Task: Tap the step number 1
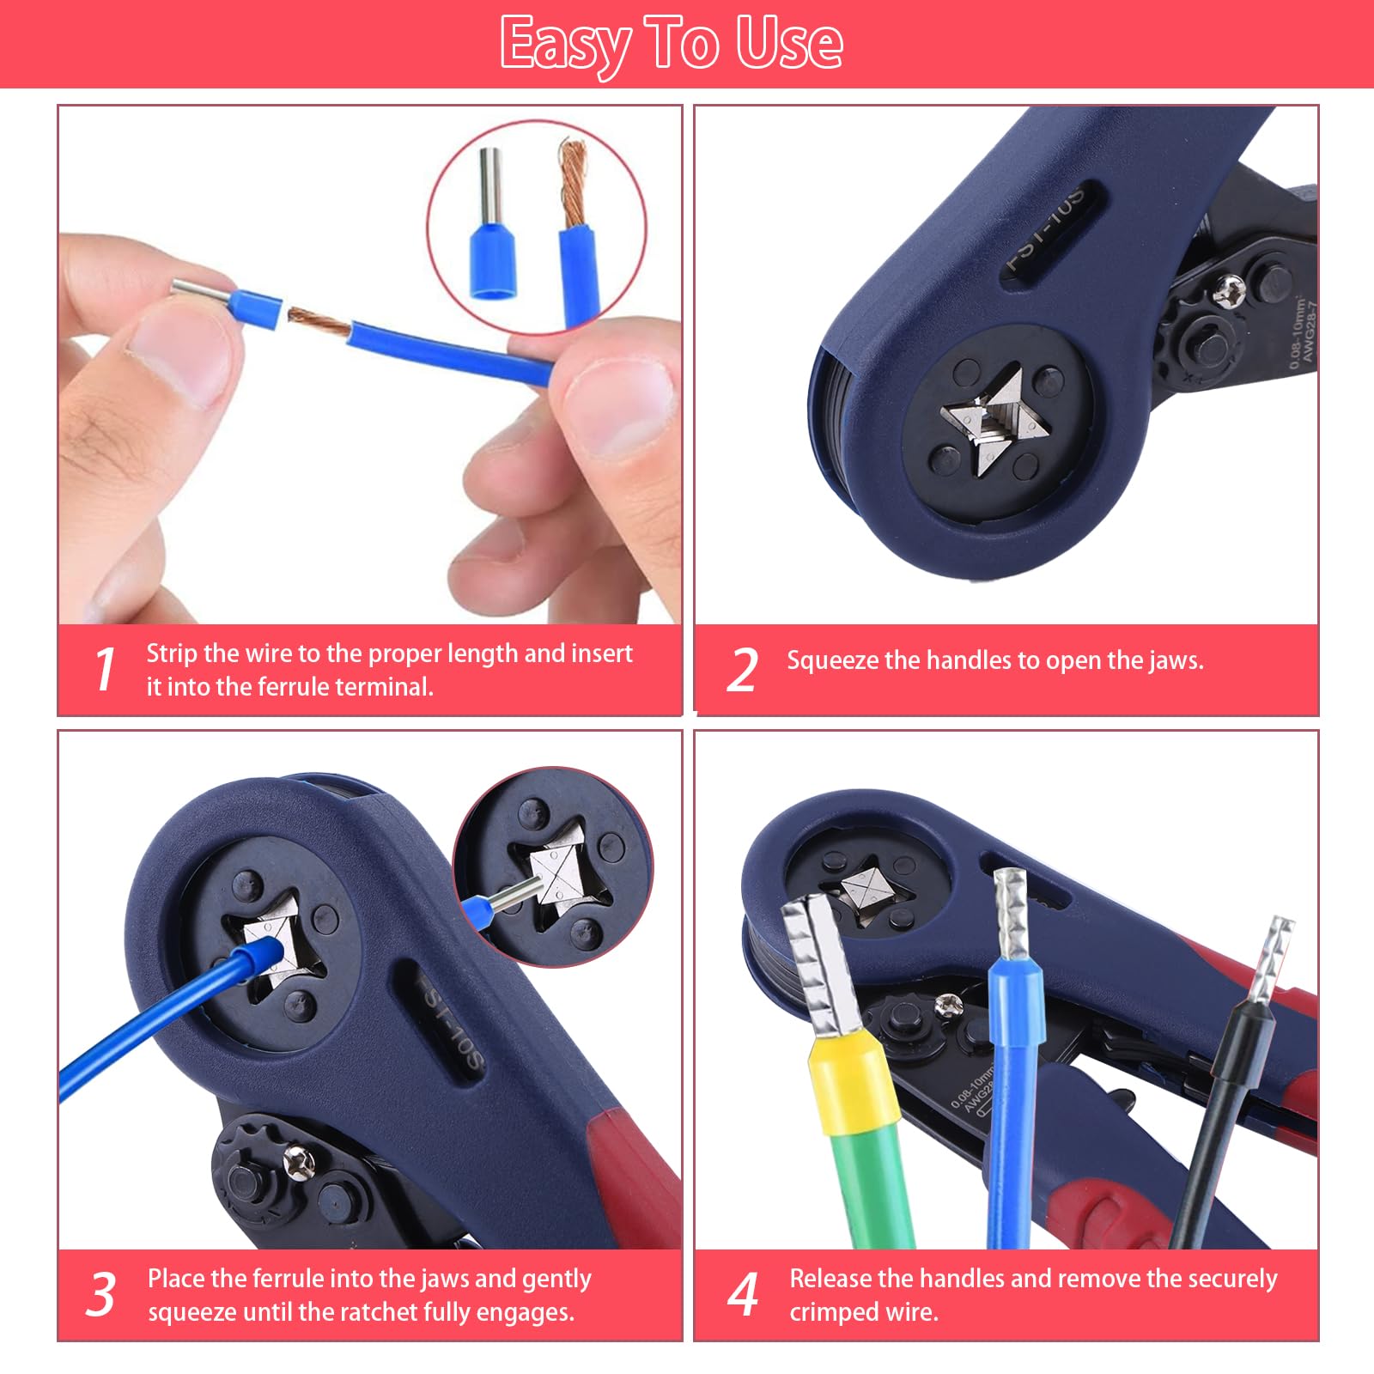click(x=105, y=670)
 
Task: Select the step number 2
click(x=742, y=671)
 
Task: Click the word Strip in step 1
click(x=172, y=654)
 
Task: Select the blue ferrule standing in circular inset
click(x=490, y=258)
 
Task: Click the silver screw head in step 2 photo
click(x=1228, y=290)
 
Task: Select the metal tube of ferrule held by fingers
click(x=199, y=294)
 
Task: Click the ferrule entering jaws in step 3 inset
click(x=507, y=899)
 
